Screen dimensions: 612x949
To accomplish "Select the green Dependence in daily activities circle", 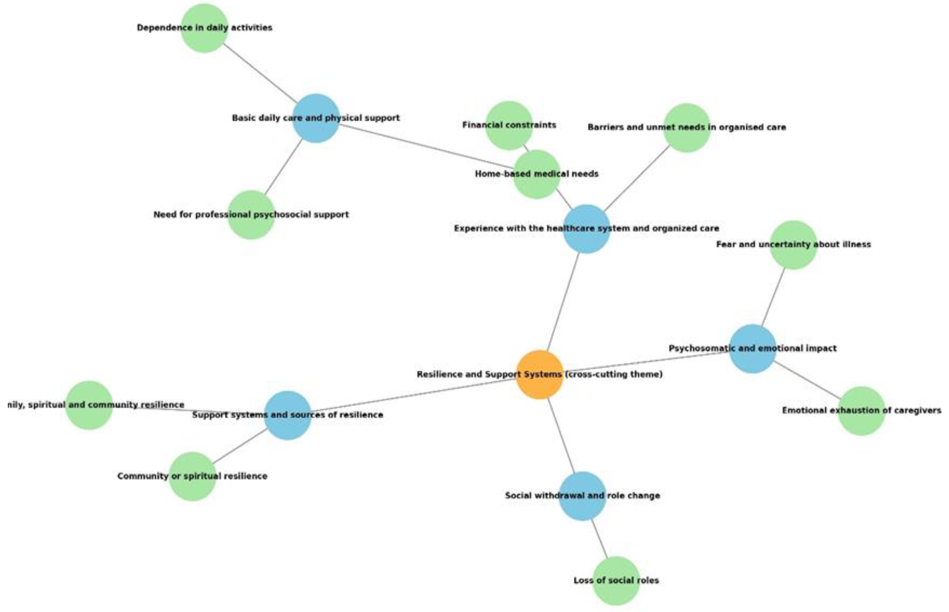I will (204, 28).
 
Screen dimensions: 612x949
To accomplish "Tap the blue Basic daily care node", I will (316, 118).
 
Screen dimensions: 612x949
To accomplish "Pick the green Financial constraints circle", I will (509, 125).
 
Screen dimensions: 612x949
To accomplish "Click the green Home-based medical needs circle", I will (537, 174).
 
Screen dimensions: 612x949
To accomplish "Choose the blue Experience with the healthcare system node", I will (586, 229).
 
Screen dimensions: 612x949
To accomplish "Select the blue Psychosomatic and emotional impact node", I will (752, 349).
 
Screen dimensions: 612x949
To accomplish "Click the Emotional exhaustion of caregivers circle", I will (861, 411).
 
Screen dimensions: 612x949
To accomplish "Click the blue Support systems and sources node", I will (288, 415).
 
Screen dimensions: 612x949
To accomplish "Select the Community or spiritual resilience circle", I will (192, 476).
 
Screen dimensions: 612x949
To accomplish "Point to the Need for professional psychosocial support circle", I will (251, 215).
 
